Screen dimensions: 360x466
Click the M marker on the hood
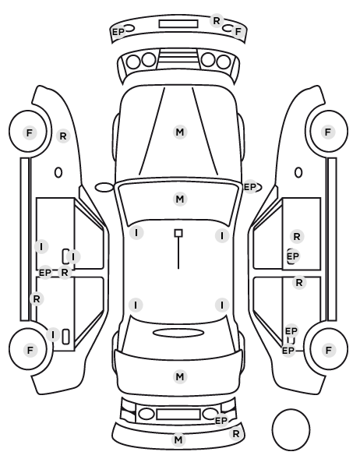click(180, 132)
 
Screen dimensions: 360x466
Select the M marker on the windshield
click(180, 199)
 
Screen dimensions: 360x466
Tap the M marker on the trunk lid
click(180, 377)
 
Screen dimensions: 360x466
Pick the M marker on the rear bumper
click(178, 440)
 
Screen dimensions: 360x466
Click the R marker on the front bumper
click(217, 21)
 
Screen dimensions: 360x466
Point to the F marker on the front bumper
click(238, 31)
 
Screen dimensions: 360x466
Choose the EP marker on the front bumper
click(118, 31)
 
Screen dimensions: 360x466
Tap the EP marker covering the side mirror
click(250, 187)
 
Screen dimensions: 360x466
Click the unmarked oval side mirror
click(104, 187)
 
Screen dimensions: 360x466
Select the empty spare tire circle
click(291, 429)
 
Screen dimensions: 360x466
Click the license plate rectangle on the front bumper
click(178, 24)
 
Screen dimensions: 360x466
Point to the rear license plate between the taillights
click(178, 415)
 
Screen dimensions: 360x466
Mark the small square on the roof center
click(178, 233)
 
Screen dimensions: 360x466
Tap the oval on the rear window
click(178, 333)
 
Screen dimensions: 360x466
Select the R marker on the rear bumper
click(236, 434)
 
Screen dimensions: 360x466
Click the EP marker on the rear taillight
click(221, 421)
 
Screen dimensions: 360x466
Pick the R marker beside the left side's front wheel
click(63, 136)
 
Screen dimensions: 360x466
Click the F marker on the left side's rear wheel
click(30, 350)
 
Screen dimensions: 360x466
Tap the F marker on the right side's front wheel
click(328, 132)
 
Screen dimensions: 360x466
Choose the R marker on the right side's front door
click(297, 237)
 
